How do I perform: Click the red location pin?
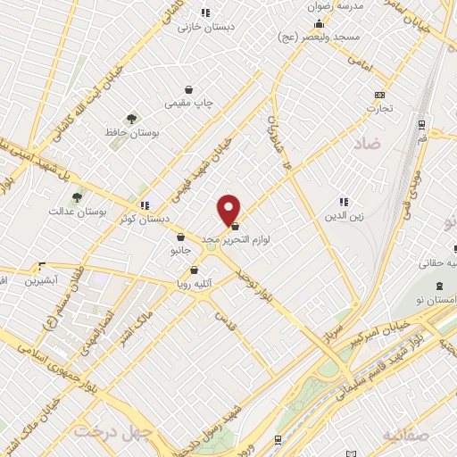pos(229,208)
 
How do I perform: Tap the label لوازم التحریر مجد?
pos(266,239)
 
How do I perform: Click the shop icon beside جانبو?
pos(181,237)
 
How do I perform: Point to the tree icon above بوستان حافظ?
pos(132,118)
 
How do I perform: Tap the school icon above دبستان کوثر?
pos(145,205)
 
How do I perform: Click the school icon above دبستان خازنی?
pos(206,12)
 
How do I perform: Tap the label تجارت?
pos(380,109)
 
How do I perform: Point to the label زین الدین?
pos(344,215)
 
